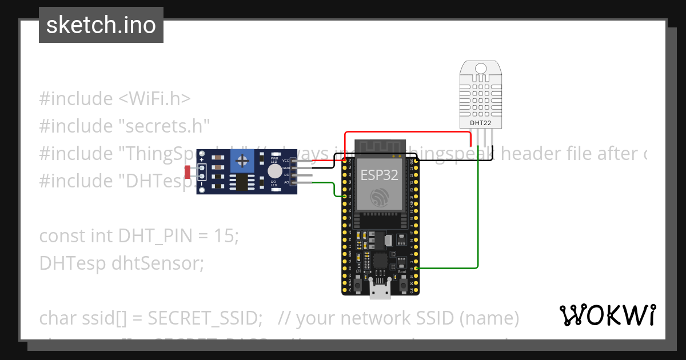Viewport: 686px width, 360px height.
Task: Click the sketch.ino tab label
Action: click(x=101, y=25)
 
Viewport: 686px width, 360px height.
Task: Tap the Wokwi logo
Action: click(x=607, y=315)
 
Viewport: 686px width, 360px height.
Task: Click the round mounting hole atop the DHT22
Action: click(x=480, y=69)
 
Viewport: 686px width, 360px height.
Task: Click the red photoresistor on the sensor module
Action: click(x=189, y=171)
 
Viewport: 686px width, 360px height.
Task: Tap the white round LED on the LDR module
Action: click(x=274, y=170)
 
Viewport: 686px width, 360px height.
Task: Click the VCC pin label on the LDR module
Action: click(x=286, y=161)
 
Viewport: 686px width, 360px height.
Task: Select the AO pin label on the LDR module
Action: click(x=286, y=182)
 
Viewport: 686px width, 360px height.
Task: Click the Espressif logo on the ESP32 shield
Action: click(x=379, y=198)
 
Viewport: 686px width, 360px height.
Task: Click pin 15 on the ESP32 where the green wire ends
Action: click(x=417, y=268)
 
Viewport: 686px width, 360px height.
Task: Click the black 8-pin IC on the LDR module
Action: click(x=240, y=183)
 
